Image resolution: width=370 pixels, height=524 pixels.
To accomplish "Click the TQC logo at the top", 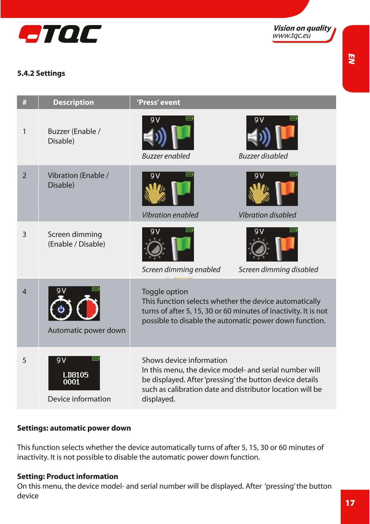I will [x=60, y=34].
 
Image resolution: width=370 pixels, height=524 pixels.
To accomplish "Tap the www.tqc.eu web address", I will [x=291, y=36].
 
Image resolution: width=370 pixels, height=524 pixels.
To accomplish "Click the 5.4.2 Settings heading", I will [x=41, y=73].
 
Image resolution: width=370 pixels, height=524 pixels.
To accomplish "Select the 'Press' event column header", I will [x=158, y=103].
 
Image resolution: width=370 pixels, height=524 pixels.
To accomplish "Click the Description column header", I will [x=73, y=103].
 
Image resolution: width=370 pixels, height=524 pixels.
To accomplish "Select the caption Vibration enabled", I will [x=170, y=215].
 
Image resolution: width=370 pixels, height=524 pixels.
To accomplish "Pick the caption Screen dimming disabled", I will [x=278, y=270].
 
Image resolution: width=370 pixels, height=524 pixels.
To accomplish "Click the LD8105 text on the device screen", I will [x=76, y=375].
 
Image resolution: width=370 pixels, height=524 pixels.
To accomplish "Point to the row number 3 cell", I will [x=24, y=234].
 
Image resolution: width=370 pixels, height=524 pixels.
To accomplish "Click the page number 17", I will [x=350, y=503].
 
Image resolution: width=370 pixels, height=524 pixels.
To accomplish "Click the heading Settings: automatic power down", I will [x=74, y=428].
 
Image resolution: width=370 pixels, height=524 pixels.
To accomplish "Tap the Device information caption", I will [x=79, y=399].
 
